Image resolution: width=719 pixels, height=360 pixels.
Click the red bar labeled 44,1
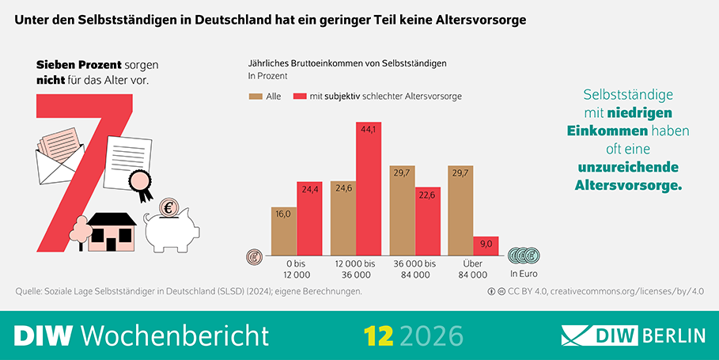tap(369, 190)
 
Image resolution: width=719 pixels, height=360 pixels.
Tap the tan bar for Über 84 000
tap(460, 210)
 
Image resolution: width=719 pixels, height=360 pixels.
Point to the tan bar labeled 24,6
tap(343, 218)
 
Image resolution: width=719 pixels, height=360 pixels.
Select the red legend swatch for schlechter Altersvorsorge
tap(300, 97)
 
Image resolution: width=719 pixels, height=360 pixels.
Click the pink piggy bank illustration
tap(168, 228)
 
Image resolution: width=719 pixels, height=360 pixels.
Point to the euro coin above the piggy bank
tap(168, 208)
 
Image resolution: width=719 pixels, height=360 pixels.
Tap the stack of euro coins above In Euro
tap(523, 256)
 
